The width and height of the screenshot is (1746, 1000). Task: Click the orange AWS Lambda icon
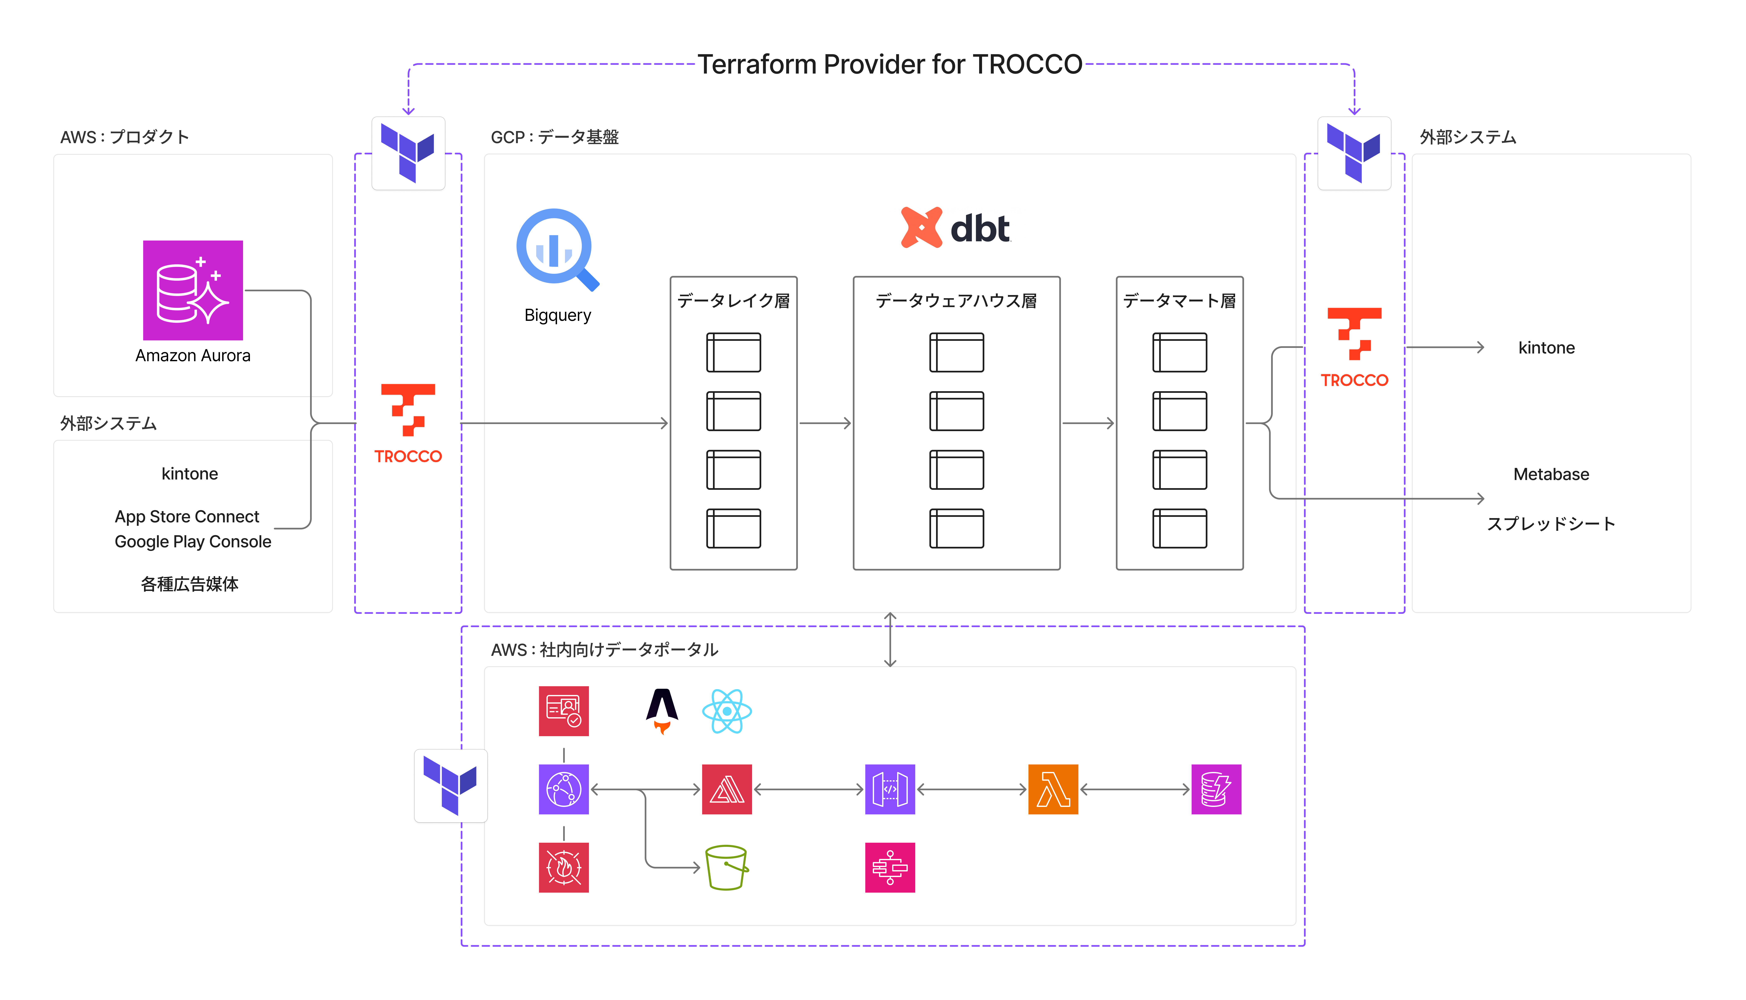coord(1053,789)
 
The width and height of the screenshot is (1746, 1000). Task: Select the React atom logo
coord(727,712)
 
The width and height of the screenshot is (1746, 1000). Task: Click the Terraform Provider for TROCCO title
coord(889,65)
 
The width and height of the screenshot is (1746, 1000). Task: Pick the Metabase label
coord(1551,474)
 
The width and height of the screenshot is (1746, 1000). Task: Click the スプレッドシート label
coord(1551,524)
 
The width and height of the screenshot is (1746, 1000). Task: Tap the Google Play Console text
coord(193,542)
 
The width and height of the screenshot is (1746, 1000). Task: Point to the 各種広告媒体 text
coord(190,584)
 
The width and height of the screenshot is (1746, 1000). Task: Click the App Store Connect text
coord(187,516)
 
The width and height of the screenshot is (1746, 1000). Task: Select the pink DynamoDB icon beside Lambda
coord(1216,789)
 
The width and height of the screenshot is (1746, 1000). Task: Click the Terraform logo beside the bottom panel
coord(450,786)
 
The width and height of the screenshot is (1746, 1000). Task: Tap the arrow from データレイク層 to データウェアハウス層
coord(825,423)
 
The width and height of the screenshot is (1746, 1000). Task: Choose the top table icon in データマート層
coord(1179,352)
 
